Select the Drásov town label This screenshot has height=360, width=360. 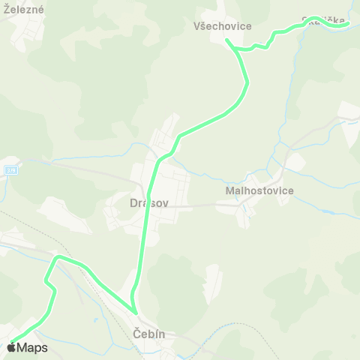(148, 202)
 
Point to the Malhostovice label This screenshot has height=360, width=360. (259, 190)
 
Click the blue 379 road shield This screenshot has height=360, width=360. (10, 171)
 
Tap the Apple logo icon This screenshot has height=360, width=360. (12, 346)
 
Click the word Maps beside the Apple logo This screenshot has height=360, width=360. (32, 347)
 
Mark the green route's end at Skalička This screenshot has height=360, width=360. (349, 24)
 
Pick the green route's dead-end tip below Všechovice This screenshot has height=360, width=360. (226, 40)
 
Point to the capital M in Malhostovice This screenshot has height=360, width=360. (229, 190)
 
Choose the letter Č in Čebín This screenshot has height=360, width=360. (136, 333)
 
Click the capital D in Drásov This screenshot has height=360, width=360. (133, 202)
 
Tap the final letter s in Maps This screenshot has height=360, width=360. (45, 348)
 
